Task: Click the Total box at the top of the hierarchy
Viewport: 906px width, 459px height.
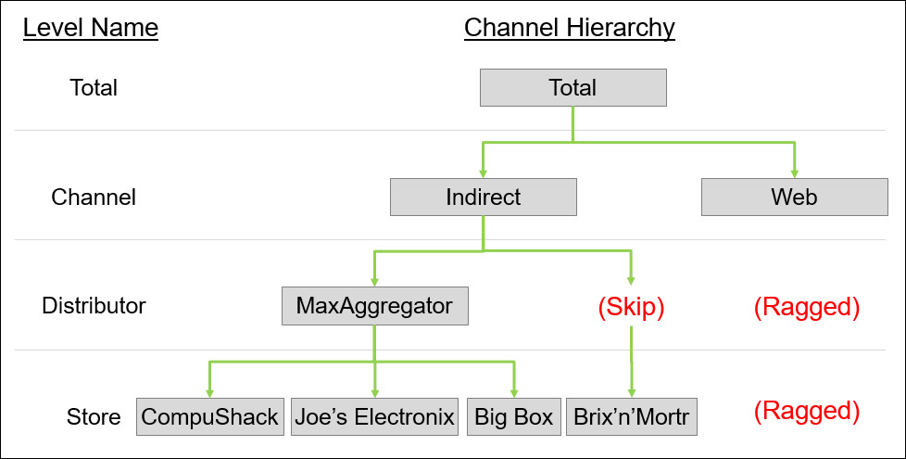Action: point(573,88)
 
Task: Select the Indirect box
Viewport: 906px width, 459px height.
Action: point(483,198)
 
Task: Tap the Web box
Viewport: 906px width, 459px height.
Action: point(794,198)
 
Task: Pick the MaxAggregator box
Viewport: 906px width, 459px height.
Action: point(374,306)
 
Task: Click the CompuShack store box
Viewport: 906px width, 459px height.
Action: point(209,417)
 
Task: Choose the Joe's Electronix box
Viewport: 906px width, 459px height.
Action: point(374,417)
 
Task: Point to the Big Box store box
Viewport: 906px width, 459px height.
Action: point(513,417)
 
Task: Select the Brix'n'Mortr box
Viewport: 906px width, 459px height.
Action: point(631,417)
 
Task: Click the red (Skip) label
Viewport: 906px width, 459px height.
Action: point(631,307)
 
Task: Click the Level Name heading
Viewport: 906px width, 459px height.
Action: point(91,29)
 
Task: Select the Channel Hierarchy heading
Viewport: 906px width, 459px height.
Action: point(569,29)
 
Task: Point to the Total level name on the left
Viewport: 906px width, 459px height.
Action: point(94,88)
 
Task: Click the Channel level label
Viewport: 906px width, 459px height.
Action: point(94,198)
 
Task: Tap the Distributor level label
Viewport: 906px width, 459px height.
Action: point(94,306)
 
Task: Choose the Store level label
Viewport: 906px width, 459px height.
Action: point(94,417)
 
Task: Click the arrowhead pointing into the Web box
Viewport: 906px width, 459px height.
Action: point(794,172)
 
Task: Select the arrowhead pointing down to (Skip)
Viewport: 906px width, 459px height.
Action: point(631,280)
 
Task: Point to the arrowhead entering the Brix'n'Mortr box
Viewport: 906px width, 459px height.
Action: point(631,392)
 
